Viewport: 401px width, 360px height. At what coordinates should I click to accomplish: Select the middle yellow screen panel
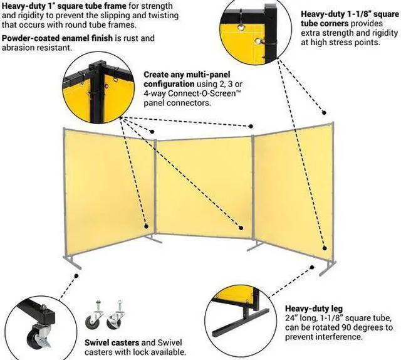(203, 188)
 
